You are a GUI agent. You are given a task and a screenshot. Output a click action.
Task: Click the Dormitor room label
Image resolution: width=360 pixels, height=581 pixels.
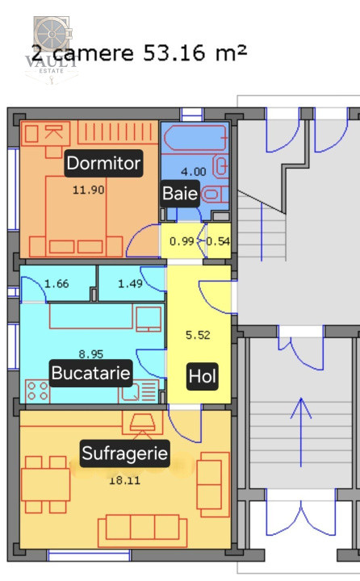(103, 164)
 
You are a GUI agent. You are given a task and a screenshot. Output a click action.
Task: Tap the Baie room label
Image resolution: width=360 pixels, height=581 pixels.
(179, 194)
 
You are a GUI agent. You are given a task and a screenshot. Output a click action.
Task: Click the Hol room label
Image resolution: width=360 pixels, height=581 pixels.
(202, 376)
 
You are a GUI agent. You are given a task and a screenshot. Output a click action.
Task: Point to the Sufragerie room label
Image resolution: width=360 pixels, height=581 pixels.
(125, 454)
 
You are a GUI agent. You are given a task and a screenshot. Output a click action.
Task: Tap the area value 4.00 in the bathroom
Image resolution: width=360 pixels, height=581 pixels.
(192, 171)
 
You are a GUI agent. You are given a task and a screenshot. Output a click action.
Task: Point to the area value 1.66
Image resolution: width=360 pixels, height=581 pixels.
(57, 283)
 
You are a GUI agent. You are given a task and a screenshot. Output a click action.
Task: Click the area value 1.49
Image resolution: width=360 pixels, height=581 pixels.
(130, 283)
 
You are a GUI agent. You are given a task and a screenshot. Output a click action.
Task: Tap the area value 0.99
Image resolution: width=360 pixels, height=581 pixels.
(182, 240)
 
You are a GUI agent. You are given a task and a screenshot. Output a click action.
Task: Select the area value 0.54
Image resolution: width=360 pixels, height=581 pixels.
(218, 240)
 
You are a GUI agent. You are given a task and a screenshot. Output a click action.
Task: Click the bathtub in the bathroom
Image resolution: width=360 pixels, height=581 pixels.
(195, 140)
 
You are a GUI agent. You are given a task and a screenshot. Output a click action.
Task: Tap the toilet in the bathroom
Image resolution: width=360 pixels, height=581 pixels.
(214, 194)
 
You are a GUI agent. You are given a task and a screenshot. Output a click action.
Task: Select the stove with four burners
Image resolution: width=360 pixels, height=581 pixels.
(37, 392)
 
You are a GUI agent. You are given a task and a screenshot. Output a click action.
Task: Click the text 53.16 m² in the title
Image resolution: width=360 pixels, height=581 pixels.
(195, 52)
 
